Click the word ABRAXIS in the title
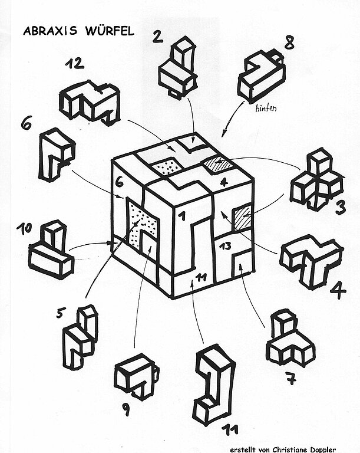(47, 30)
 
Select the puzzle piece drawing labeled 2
(178, 66)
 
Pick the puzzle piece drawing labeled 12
(90, 101)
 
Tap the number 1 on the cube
(183, 217)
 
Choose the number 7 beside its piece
(289, 378)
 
